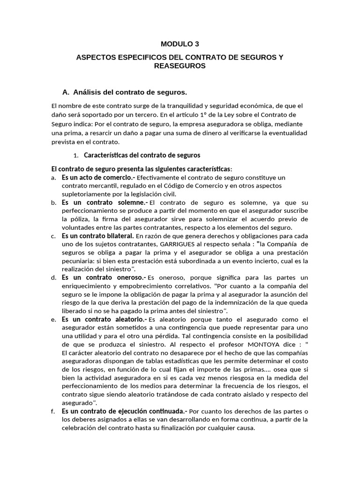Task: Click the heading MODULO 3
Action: [x=180, y=44]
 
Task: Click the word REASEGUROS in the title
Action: [x=180, y=66]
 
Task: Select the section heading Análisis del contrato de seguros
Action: [x=125, y=91]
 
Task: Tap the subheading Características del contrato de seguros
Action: [x=142, y=155]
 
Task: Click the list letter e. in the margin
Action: [x=53, y=320]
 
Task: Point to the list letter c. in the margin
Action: [x=53, y=236]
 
